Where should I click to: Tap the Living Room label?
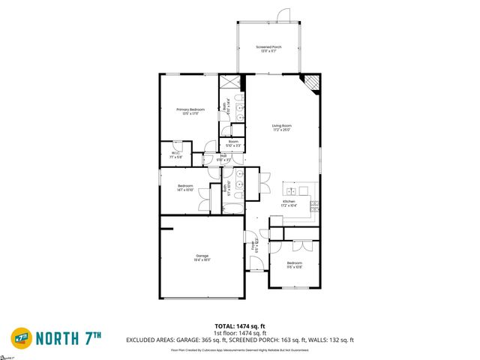click(x=282, y=127)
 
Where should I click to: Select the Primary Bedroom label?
click(x=190, y=112)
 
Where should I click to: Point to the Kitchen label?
click(x=289, y=203)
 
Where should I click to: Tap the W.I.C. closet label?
click(x=175, y=155)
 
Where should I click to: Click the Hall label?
click(x=223, y=158)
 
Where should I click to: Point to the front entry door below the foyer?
click(x=257, y=265)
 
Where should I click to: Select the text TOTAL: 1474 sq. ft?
click(x=240, y=325)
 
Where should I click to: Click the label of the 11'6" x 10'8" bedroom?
click(x=295, y=264)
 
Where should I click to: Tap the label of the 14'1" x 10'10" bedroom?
click(x=185, y=187)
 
